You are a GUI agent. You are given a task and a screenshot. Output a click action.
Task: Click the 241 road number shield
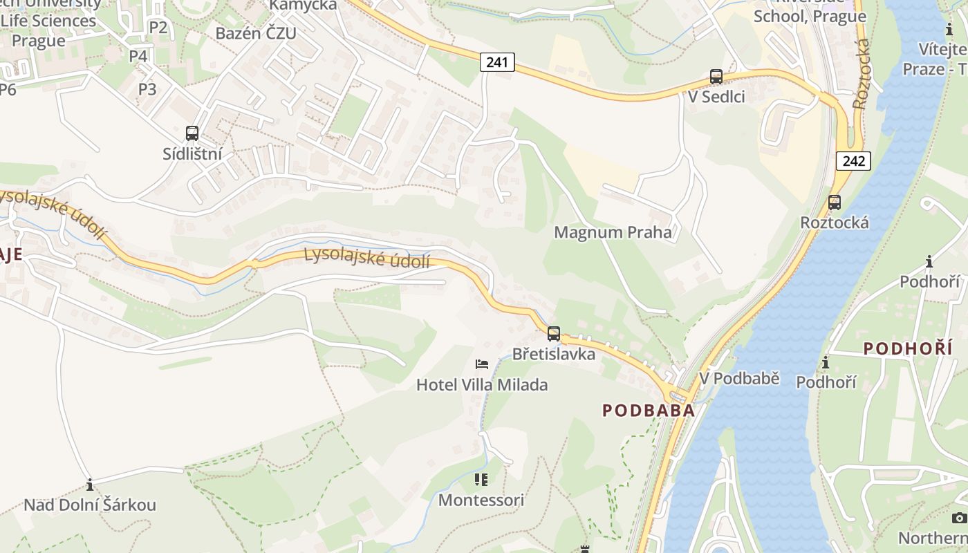pos(496,62)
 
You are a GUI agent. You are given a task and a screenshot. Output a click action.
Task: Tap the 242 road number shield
pos(853,161)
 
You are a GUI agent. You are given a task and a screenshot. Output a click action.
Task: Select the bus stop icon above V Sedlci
pos(716,77)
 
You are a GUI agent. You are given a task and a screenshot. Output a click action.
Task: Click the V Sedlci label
pos(716,97)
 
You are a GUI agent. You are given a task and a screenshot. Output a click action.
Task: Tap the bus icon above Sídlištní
pos(192,133)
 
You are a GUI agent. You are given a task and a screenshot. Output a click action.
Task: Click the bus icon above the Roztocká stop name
pos(835,203)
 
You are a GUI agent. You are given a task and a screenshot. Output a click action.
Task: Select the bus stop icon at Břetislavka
pos(554,334)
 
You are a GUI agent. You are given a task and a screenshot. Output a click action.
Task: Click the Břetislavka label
pos(553,354)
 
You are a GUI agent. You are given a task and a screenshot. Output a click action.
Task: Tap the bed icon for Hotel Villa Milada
pos(482,364)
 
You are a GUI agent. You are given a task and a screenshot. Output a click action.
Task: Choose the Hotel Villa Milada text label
pos(482,385)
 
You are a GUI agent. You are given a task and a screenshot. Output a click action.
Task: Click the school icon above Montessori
pos(481,479)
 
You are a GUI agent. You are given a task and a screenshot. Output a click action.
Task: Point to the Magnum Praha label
pos(613,232)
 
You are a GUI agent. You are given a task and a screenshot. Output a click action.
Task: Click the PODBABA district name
pos(648,410)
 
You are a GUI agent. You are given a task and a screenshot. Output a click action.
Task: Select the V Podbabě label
pos(739,378)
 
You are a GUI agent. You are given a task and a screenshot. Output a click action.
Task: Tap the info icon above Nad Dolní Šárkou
pos(89,485)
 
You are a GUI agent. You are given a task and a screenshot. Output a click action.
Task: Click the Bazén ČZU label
pos(256,33)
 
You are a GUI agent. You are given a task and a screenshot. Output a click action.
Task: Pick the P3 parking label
pos(147,89)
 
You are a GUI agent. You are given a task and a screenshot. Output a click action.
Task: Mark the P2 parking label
pos(158,28)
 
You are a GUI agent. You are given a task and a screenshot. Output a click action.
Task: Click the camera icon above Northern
pos(959,518)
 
